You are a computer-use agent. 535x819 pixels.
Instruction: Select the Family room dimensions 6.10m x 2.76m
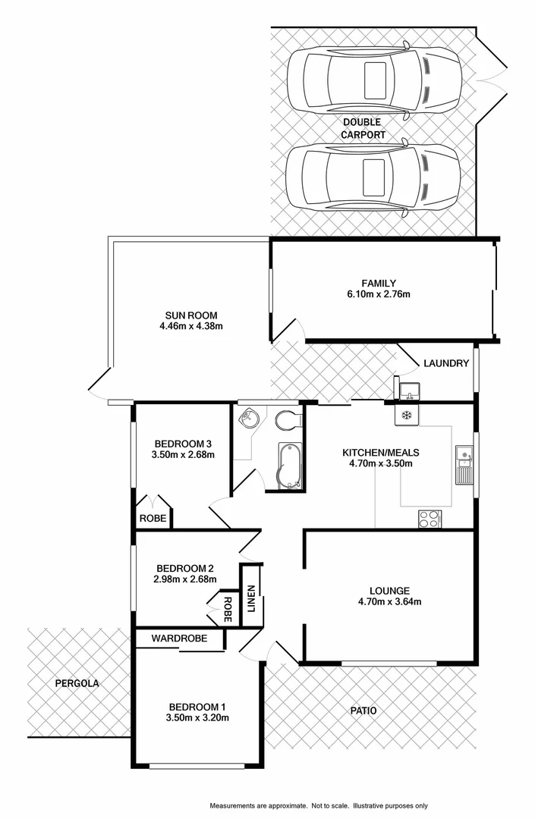[x=379, y=294]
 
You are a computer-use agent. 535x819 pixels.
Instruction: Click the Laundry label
[x=447, y=363]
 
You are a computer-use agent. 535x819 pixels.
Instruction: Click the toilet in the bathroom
[x=287, y=420]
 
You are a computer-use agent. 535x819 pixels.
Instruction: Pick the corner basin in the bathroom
[x=248, y=419]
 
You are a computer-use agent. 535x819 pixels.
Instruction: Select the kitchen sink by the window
[x=464, y=465]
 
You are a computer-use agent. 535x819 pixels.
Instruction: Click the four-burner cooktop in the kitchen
[x=429, y=519]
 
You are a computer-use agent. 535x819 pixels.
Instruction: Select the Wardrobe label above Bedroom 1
[x=179, y=639]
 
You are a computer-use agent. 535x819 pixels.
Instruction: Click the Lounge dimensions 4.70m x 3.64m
[x=389, y=602]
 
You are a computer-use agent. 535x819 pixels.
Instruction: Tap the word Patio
[x=363, y=711]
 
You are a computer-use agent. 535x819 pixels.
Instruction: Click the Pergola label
[x=77, y=683]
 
